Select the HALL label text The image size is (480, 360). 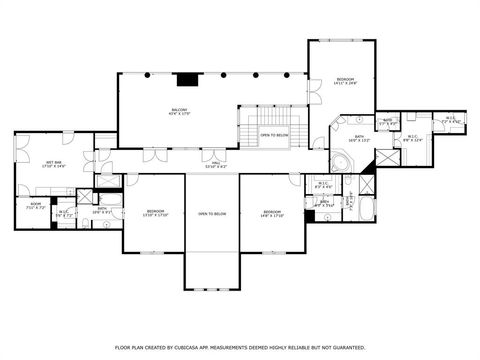coord(215,165)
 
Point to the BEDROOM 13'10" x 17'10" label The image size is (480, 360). coord(156,211)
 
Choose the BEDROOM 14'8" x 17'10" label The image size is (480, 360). coord(273,211)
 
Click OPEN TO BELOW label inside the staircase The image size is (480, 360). coord(274,134)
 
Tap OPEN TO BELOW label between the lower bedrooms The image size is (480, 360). coord(211,214)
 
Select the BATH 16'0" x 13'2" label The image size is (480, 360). coord(360,139)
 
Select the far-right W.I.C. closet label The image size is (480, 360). coord(451,119)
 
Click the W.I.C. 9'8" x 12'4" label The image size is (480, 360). coord(412,139)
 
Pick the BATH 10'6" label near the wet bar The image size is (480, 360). coord(100,211)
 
